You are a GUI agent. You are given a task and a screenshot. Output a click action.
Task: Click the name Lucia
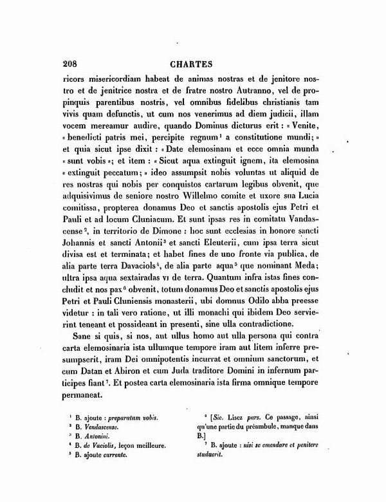(x=309, y=201)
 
